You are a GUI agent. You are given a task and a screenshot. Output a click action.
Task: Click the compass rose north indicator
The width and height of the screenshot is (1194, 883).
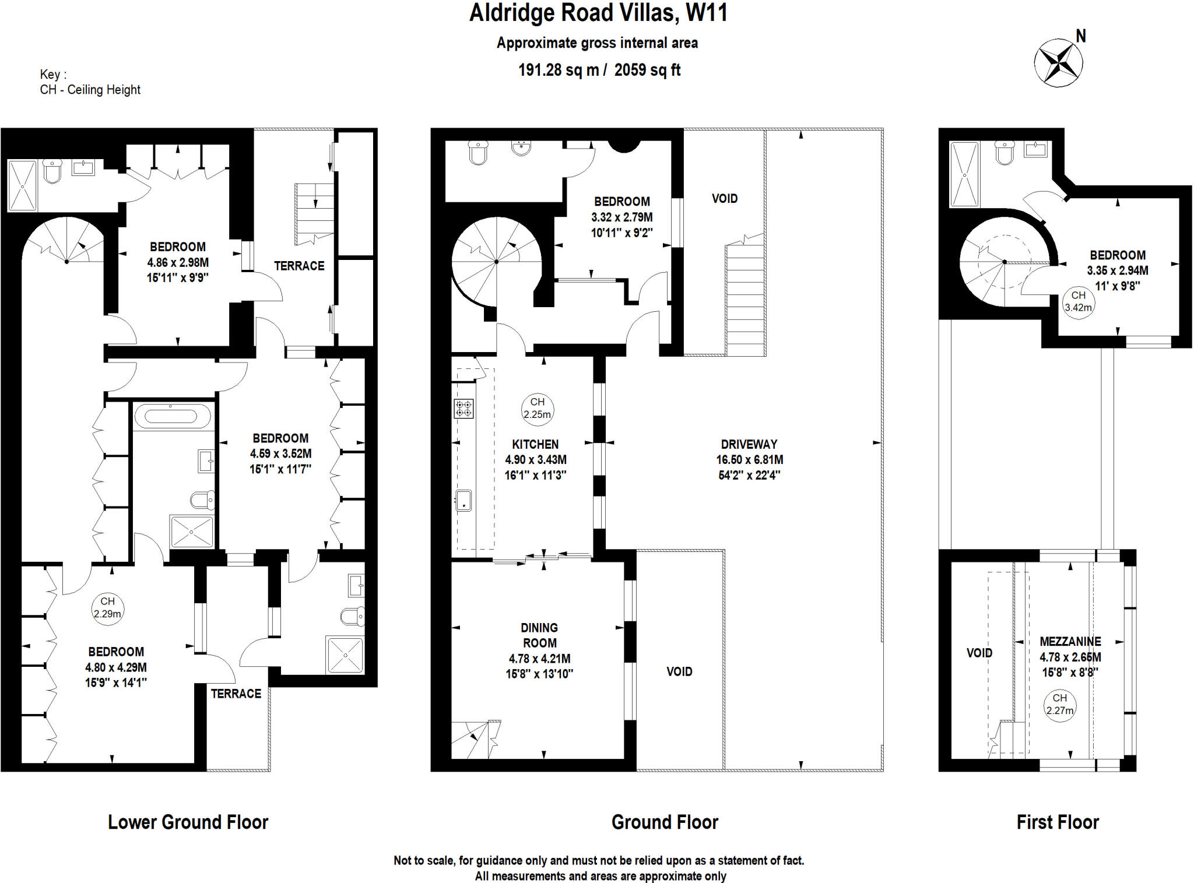point(1059,62)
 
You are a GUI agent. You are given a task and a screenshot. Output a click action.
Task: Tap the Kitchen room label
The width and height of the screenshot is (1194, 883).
point(535,444)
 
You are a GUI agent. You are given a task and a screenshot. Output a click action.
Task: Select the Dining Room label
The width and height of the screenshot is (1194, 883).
point(539,635)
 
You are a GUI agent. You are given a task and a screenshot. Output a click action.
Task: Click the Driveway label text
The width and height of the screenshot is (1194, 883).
point(749,444)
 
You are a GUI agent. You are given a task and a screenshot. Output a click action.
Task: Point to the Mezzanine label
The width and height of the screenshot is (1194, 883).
point(1070,642)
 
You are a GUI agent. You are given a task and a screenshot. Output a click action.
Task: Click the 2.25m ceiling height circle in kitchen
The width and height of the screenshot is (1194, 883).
point(537,409)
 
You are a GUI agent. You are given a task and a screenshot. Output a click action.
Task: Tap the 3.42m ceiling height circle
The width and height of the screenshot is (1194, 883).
point(1078,302)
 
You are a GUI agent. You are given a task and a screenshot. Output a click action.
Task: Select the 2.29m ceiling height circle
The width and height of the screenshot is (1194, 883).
point(107,608)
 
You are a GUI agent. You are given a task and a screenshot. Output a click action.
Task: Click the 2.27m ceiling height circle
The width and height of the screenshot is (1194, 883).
point(1059,705)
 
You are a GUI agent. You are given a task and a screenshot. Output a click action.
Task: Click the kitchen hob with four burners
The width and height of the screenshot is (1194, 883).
point(464,409)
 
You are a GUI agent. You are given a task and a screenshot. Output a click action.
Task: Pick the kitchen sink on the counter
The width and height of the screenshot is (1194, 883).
point(463,501)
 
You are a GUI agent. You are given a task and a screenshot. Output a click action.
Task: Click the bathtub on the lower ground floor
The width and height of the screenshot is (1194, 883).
point(173,416)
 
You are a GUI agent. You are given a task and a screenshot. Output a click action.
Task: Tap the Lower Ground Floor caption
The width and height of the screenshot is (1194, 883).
point(188,822)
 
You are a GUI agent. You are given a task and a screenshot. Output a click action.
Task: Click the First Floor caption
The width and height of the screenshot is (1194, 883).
point(1058,822)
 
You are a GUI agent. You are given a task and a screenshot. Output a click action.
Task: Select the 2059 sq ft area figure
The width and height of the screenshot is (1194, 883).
point(647,70)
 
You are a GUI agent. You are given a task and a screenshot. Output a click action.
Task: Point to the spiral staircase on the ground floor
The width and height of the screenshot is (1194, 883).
point(497,262)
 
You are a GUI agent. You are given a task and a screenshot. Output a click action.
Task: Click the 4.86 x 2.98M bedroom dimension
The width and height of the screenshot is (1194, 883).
point(178,262)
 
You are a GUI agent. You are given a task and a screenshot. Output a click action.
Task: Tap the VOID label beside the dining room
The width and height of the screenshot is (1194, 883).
point(679,672)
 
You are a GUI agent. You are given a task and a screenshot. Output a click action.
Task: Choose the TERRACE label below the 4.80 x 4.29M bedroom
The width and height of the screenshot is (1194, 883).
point(236,694)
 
